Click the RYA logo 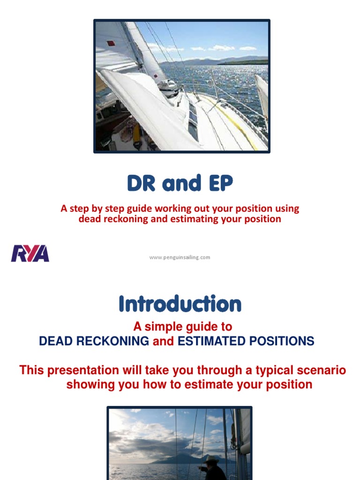[30, 253]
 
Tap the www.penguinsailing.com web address [180, 257]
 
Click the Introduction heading [180, 304]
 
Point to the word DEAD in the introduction [56, 341]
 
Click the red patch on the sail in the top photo [111, 44]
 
